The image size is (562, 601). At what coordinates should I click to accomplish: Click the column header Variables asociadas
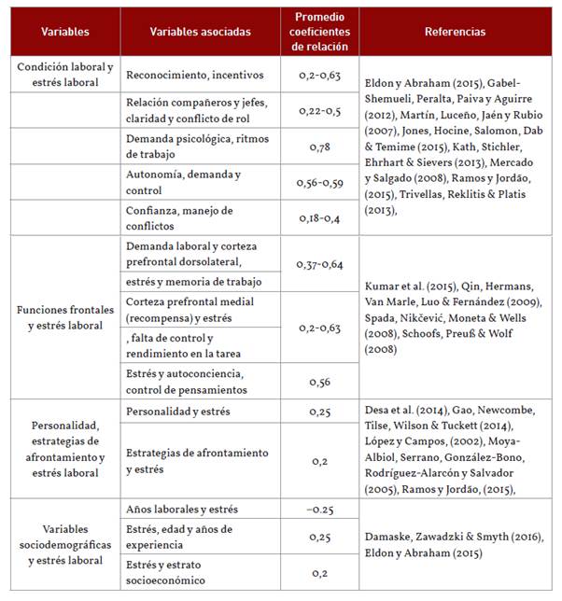tap(200, 32)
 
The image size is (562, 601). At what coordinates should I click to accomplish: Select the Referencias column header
tap(455, 32)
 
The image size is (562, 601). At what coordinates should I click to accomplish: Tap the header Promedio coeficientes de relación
tap(318, 32)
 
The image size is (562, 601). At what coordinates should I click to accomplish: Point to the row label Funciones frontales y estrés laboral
tap(65, 318)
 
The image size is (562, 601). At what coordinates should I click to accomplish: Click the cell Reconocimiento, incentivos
tap(195, 75)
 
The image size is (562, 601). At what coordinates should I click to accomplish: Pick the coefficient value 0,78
tap(319, 146)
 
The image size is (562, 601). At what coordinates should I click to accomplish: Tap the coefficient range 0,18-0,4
tap(319, 217)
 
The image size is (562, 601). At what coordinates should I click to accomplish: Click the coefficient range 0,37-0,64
tap(319, 265)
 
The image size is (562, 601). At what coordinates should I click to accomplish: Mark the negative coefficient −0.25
tap(319, 510)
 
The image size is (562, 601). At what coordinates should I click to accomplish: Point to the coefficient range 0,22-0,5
tap(319, 110)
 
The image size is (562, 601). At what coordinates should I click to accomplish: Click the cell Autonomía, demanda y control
tap(184, 182)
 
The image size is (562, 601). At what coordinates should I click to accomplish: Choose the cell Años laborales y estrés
tap(182, 510)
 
